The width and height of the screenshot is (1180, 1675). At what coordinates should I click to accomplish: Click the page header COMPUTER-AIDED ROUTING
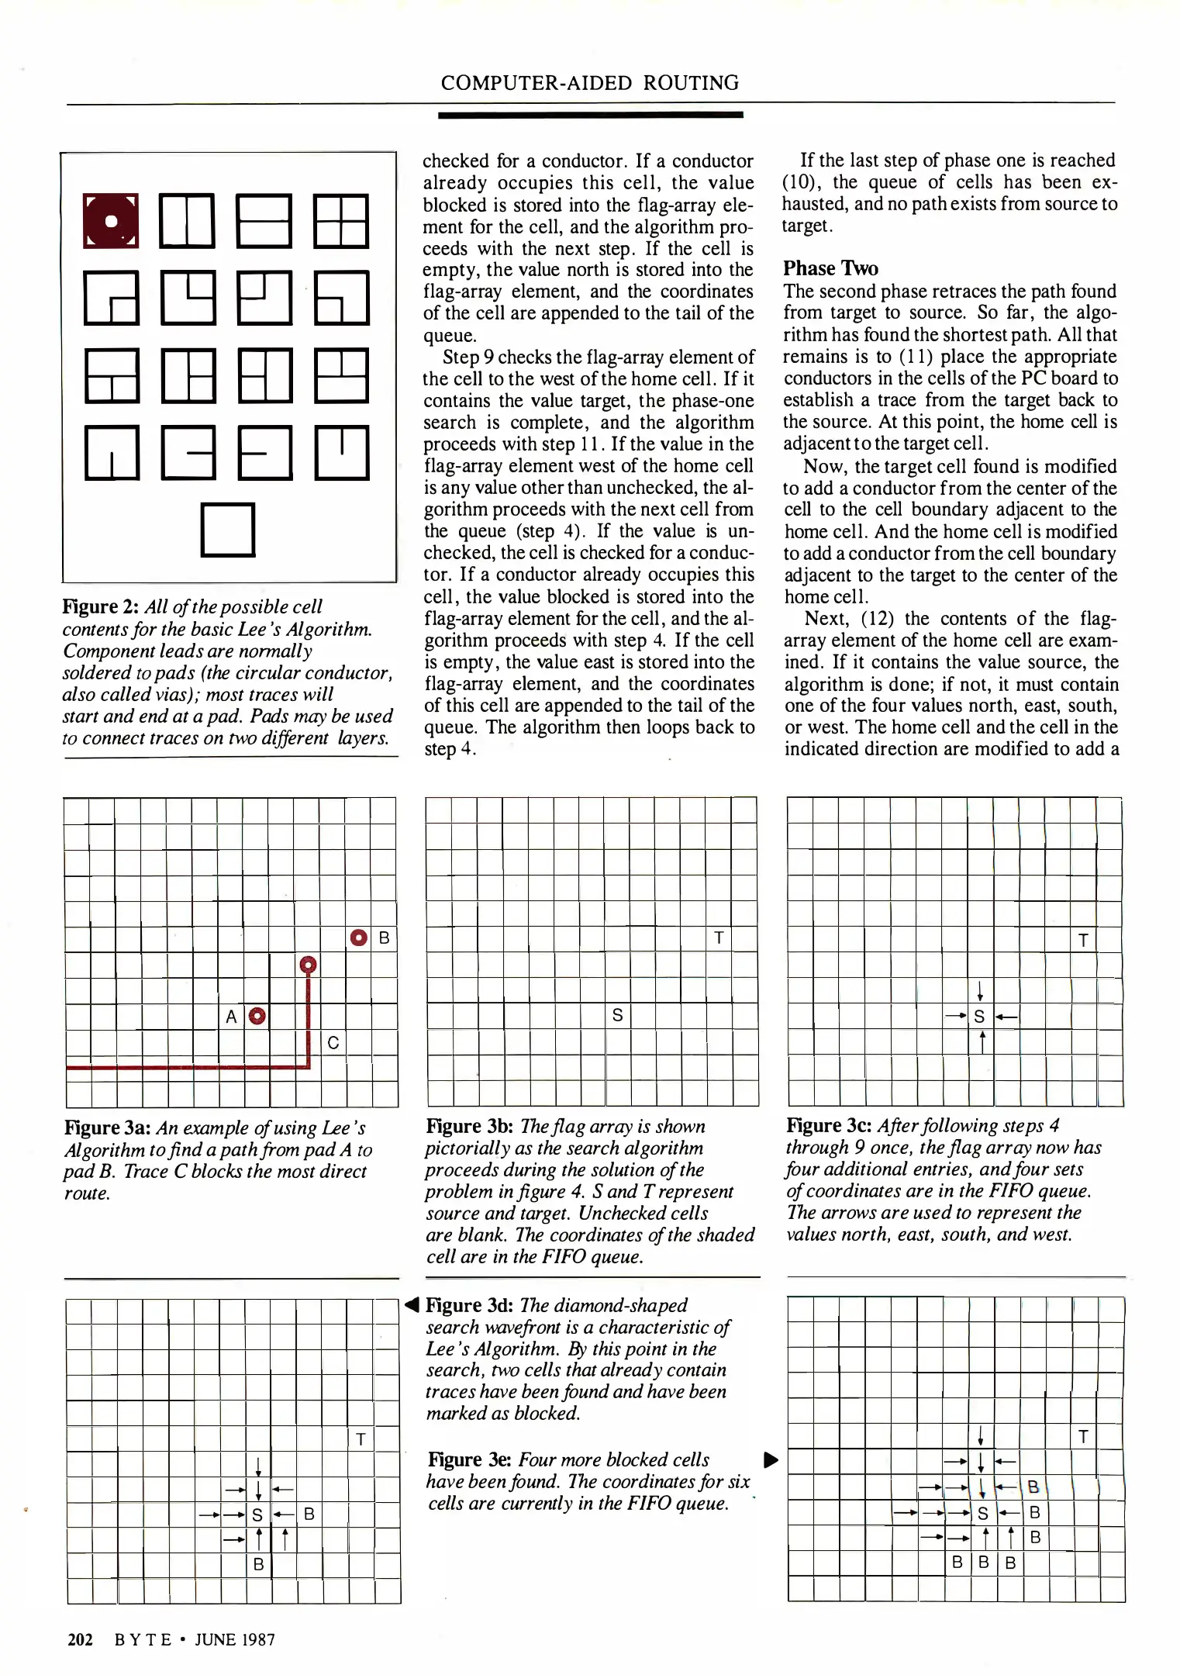[589, 83]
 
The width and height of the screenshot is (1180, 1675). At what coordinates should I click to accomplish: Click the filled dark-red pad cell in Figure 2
[111, 221]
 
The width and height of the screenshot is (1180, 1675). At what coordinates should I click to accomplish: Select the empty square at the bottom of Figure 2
[227, 530]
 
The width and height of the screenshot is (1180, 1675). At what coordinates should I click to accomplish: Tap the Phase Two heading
[830, 268]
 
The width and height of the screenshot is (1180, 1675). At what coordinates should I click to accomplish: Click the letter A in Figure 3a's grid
[231, 1017]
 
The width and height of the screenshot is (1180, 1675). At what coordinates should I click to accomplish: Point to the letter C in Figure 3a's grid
[333, 1042]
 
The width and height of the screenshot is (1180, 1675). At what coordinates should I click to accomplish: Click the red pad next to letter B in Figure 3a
[359, 938]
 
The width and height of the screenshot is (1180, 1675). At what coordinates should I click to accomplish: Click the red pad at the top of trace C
[308, 965]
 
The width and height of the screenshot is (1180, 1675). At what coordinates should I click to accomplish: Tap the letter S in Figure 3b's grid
[617, 1015]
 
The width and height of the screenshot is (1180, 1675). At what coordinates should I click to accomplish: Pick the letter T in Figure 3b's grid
[719, 938]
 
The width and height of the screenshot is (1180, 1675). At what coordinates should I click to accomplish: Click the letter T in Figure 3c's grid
[1083, 940]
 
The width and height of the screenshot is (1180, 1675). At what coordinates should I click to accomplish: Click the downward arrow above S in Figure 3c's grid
[981, 990]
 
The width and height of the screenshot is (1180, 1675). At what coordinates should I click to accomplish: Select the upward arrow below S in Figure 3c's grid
[982, 1041]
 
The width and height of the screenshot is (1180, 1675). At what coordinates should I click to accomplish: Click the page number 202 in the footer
[80, 1639]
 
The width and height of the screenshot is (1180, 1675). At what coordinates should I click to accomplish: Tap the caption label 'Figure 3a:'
[109, 1128]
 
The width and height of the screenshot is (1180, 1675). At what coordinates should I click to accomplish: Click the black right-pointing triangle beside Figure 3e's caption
[771, 1459]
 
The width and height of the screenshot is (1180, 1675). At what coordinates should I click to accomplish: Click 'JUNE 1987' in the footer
[235, 1639]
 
